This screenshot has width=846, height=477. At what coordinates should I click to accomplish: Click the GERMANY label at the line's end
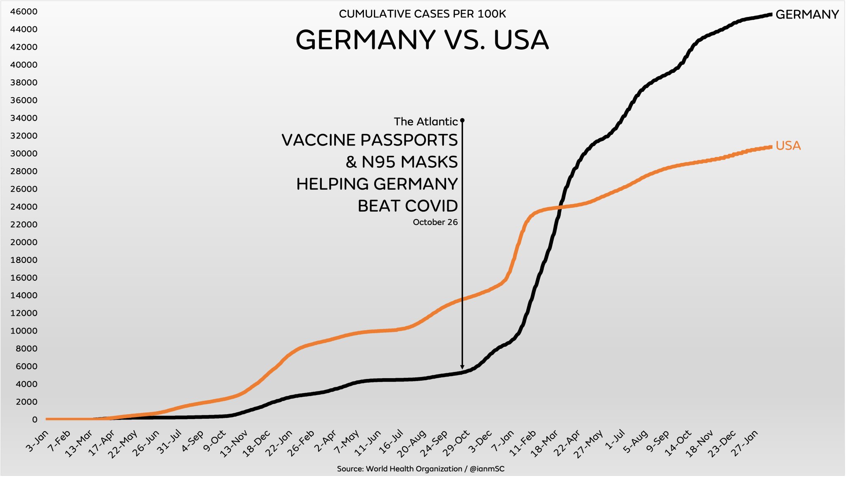click(x=807, y=14)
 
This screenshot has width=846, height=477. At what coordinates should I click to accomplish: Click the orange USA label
click(x=788, y=145)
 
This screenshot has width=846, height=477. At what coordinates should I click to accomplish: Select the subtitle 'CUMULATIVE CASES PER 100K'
click(x=422, y=14)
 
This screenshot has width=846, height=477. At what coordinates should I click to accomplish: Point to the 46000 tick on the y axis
click(x=24, y=12)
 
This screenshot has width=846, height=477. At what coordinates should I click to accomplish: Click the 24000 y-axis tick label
click(x=24, y=207)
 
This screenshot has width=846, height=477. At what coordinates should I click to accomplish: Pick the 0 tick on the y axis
click(x=35, y=420)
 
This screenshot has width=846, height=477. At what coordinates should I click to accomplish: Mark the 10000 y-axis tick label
click(x=24, y=331)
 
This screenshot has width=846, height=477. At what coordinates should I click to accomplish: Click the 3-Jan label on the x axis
click(x=37, y=441)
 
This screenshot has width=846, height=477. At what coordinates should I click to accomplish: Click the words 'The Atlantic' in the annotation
click(x=425, y=122)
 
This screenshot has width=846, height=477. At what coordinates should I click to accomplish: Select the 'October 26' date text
click(x=435, y=222)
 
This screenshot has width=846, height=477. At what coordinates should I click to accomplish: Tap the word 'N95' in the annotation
click(x=379, y=162)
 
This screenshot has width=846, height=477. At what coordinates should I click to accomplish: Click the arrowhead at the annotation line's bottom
click(x=462, y=367)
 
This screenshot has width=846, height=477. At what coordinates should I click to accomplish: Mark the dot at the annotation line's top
click(x=462, y=120)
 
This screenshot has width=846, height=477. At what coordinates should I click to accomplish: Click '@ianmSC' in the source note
click(x=487, y=469)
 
